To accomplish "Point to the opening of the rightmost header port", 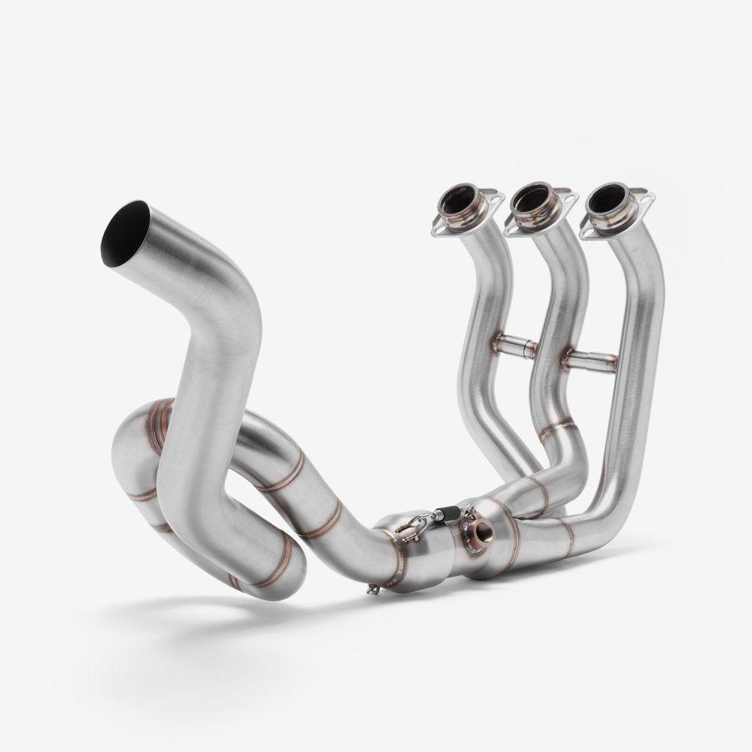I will click(610, 197).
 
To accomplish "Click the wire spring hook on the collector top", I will click(410, 527).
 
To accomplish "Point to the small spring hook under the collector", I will click(371, 589).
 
